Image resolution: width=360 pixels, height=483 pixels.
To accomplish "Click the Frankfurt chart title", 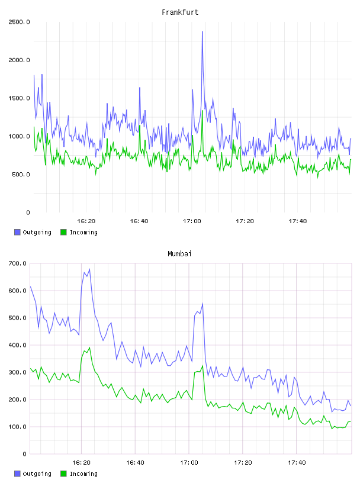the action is pos(180,12).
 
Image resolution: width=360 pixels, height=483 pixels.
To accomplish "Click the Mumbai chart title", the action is pos(179,253).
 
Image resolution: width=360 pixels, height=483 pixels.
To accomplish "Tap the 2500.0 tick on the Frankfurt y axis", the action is pos(19,22).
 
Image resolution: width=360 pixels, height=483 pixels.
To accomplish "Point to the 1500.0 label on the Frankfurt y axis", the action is pos(19,98).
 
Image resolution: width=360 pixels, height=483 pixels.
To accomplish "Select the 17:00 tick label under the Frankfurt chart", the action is pos(192,221).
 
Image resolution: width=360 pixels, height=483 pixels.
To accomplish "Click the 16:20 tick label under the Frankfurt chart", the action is pos(86,221).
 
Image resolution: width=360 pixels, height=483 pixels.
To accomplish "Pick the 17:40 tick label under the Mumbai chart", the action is pos(297,462).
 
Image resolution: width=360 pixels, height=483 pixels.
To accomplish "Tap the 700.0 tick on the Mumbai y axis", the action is pos(18,263).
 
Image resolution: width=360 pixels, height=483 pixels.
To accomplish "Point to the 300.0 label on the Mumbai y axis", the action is pos(18,372).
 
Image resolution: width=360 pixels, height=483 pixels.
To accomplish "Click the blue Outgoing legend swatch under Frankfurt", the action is pos(17,232).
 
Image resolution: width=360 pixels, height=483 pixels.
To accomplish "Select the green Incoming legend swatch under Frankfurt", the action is pos(63,232).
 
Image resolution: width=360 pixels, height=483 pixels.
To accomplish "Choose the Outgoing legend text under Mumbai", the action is pos(37,474).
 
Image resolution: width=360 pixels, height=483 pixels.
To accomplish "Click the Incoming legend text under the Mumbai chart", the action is pos(83,474).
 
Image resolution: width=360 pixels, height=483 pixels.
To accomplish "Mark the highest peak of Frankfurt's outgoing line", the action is pos(202,31).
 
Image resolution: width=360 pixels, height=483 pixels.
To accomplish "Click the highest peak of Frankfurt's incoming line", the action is pos(202,111).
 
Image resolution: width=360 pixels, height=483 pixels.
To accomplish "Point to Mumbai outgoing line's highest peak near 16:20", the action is pos(89,269).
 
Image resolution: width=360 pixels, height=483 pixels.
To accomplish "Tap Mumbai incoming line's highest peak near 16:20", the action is pos(89,347).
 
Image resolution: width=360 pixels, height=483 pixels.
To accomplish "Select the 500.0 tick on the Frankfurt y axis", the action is pos(21,175).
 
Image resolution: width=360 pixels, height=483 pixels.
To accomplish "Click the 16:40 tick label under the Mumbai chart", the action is pos(135,462).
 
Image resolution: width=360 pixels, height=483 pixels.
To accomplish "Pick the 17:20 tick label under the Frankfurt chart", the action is pos(245,221).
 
